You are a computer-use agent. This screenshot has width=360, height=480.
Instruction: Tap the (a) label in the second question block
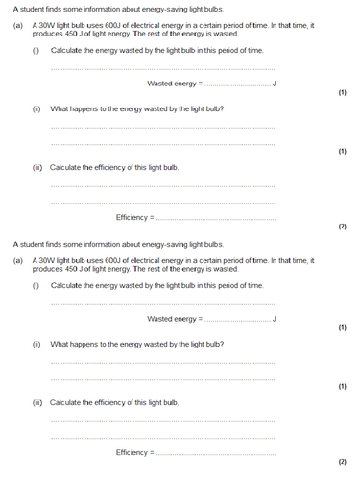pyautogui.click(x=18, y=261)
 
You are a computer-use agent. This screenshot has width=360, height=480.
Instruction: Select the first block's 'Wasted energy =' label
pyautogui.click(x=175, y=84)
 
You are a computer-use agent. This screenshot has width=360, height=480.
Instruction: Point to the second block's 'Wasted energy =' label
pyautogui.click(x=175, y=319)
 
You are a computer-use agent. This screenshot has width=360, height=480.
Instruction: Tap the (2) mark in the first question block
pyautogui.click(x=342, y=227)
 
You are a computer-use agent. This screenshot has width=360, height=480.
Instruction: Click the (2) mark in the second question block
pyautogui.click(x=342, y=462)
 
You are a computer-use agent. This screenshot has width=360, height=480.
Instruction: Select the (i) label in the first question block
pyautogui.click(x=36, y=50)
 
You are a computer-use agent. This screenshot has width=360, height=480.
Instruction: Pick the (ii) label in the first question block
pyautogui.click(x=36, y=108)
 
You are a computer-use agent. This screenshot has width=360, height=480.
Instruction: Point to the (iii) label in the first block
pyautogui.click(x=37, y=167)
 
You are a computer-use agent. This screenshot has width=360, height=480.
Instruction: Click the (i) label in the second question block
pyautogui.click(x=36, y=285)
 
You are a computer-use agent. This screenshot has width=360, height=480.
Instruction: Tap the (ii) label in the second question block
pyautogui.click(x=36, y=344)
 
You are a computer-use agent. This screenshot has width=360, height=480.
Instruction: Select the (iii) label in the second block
pyautogui.click(x=37, y=402)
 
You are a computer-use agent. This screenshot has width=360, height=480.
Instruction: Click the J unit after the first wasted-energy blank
pyautogui.click(x=275, y=84)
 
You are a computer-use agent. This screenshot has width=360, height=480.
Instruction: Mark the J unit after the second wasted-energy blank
pyautogui.click(x=275, y=319)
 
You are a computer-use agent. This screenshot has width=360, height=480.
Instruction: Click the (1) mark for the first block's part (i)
pyautogui.click(x=342, y=93)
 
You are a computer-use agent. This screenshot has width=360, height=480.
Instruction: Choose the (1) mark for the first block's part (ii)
pyautogui.click(x=342, y=151)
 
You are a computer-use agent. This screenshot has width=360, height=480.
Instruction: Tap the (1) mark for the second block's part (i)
pyautogui.click(x=342, y=328)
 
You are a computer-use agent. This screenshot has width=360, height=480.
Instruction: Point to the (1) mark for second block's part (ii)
pyautogui.click(x=342, y=386)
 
